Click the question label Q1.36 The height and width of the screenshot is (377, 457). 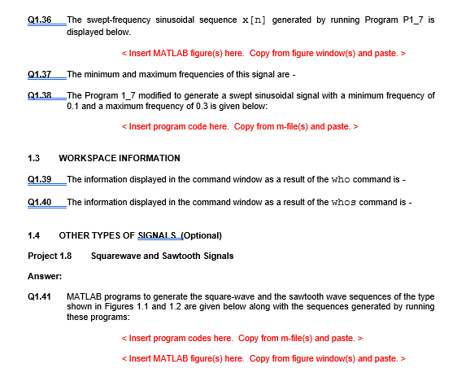[x=39, y=19]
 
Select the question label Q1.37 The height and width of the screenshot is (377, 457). [x=39, y=74]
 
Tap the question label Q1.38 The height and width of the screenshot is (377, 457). [x=39, y=95]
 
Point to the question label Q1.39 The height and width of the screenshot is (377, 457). [x=39, y=179]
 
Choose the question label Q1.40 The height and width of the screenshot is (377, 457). [x=39, y=201]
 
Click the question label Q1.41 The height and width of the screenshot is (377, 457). [x=39, y=296]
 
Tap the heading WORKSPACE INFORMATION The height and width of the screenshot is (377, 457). [x=120, y=158]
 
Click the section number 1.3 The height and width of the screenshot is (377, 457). [x=34, y=158]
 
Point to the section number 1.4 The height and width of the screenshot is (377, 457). [x=34, y=235]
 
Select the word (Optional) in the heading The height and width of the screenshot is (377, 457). [x=200, y=235]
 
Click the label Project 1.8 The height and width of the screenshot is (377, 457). [x=50, y=256]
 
